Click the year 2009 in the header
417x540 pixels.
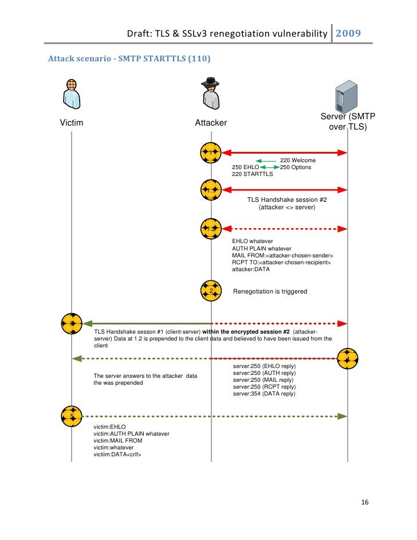348,33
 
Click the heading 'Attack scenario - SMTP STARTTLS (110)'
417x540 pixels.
129,58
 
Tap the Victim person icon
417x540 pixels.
71,94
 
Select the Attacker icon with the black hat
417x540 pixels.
211,93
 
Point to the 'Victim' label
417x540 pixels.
72,123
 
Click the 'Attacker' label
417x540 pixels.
211,123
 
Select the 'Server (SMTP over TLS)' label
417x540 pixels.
348,122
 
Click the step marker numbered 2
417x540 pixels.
211,291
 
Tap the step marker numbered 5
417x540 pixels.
72,416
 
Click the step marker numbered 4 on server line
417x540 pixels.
348,358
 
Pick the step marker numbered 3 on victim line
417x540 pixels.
72,323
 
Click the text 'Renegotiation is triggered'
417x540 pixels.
270,292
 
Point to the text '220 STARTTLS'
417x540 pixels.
252,174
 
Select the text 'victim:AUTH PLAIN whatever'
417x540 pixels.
131,434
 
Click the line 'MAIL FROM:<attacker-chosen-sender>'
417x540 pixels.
282,255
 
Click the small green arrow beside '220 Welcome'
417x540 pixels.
266,161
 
